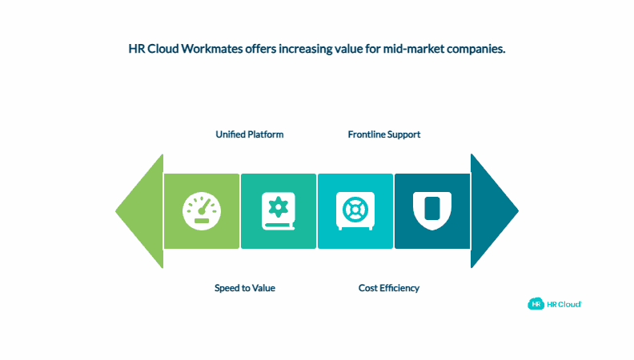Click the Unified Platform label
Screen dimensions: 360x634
pos(250,134)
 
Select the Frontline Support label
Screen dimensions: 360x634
pos(384,134)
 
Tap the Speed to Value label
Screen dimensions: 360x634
pos(245,288)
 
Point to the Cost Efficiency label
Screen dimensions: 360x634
pos(389,288)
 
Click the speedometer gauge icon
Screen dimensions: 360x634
pos(201,211)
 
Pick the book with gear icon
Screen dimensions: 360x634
pos(279,211)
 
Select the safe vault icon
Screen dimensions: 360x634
pos(355,211)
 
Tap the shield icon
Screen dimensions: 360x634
pos(431,210)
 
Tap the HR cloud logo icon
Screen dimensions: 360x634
pos(536,304)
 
